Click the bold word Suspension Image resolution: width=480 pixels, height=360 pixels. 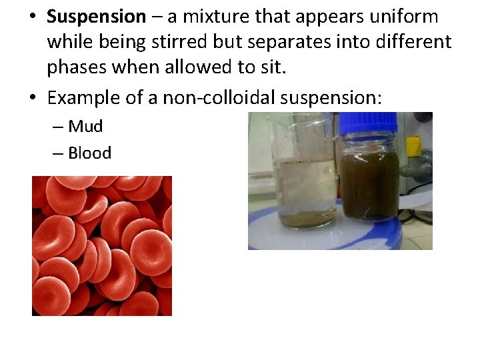[x=96, y=16]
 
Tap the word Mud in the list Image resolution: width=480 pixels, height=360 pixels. [x=85, y=126]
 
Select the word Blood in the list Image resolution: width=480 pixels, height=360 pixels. [x=89, y=153]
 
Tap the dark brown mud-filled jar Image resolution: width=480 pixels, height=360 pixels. [x=369, y=180]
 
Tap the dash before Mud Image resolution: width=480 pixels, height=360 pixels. [x=59, y=127]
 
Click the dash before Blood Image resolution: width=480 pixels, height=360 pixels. [x=59, y=153]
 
